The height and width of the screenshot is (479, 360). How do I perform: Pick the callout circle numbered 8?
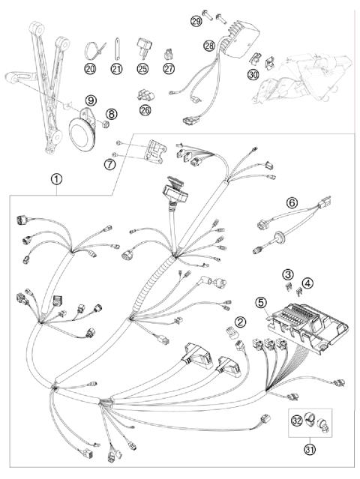[x=112, y=115]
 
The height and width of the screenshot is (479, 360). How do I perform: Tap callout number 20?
[x=90, y=69]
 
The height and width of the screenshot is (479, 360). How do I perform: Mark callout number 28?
[x=209, y=46]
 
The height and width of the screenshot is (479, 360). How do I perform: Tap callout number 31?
[x=309, y=448]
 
